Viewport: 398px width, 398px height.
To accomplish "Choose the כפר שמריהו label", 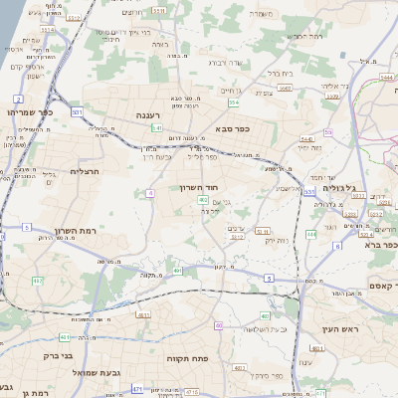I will point(30,111).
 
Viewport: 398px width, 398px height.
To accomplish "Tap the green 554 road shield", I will point(233,102).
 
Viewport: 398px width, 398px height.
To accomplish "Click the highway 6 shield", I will point(337,245).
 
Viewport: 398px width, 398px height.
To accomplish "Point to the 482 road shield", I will point(203,200).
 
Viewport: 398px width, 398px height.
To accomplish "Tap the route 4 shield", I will point(148,192).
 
